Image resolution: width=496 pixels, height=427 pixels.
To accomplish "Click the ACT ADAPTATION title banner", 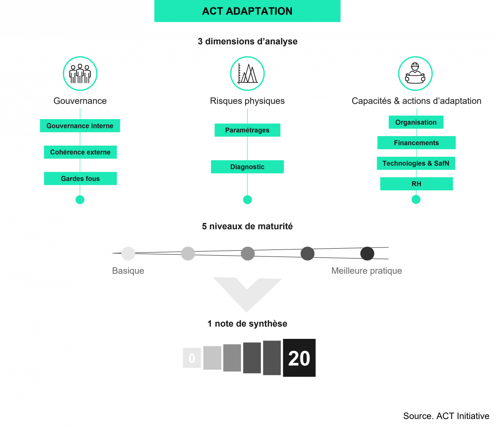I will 247,11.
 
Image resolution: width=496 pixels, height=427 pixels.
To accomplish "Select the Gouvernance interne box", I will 80,126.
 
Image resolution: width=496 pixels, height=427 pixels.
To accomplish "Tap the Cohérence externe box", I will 80,152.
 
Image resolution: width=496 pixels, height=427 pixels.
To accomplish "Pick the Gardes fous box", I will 80,179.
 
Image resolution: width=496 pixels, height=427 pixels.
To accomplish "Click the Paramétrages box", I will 247,130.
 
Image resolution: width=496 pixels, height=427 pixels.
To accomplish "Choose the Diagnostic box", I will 247,167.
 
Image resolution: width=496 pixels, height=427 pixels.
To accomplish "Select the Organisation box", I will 416,122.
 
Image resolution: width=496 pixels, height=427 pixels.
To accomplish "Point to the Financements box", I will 416,143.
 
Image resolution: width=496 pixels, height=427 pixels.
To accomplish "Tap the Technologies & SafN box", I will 416,163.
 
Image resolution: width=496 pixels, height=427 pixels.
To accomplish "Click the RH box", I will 416,184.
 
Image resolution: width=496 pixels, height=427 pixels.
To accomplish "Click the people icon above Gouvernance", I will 80,74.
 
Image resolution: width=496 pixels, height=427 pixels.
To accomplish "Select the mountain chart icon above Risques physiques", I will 247,74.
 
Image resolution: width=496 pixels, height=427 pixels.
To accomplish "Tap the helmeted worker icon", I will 415,74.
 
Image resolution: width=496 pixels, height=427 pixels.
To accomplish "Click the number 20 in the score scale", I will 299,358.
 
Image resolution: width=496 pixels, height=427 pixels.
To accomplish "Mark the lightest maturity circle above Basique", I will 128,253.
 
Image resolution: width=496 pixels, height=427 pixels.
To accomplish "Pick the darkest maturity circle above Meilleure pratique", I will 367,253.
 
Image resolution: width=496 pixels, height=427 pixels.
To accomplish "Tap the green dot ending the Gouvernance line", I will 80,200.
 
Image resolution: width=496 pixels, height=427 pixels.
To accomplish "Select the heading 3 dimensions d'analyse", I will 247,42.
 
